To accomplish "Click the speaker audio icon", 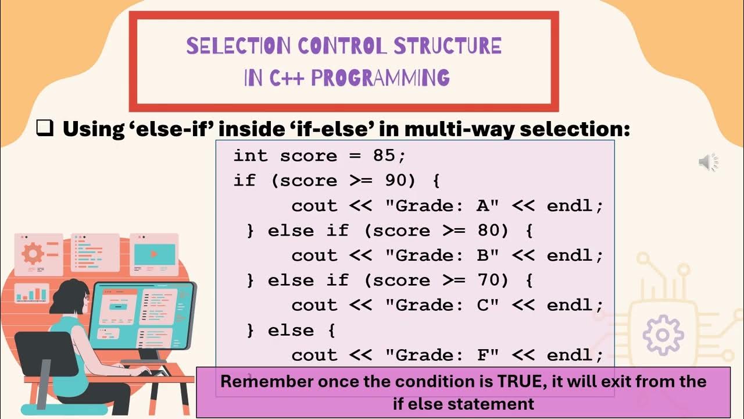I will (x=708, y=163).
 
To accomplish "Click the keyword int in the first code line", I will (x=251, y=156).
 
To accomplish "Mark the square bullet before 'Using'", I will (x=45, y=127).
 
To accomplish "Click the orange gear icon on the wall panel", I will (x=33, y=254).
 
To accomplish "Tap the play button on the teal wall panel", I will (x=154, y=254).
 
